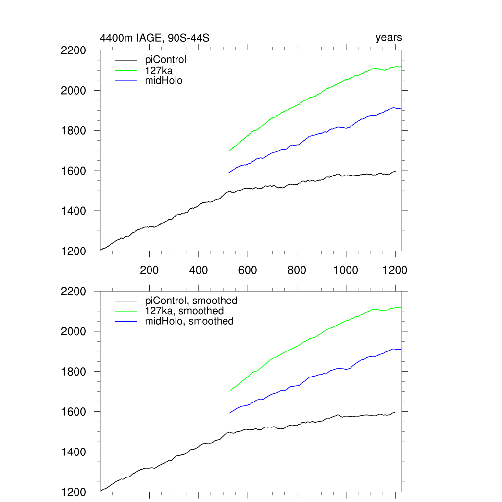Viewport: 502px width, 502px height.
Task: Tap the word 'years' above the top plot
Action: [x=389, y=38]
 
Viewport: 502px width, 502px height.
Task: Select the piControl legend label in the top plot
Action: [x=166, y=60]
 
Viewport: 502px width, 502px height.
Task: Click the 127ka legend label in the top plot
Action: [x=155, y=70]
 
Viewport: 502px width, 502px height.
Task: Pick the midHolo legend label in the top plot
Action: [x=164, y=80]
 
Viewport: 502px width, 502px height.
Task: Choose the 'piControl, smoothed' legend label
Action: [x=191, y=301]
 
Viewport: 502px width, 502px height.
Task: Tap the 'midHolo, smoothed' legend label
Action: [x=189, y=321]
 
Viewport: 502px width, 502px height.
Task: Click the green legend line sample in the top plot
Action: [x=126, y=70]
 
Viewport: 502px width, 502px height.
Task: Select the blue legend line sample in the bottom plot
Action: [x=126, y=321]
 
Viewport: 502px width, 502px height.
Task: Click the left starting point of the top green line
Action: [x=229, y=151]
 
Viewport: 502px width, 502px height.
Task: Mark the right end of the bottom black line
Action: [x=395, y=412]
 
